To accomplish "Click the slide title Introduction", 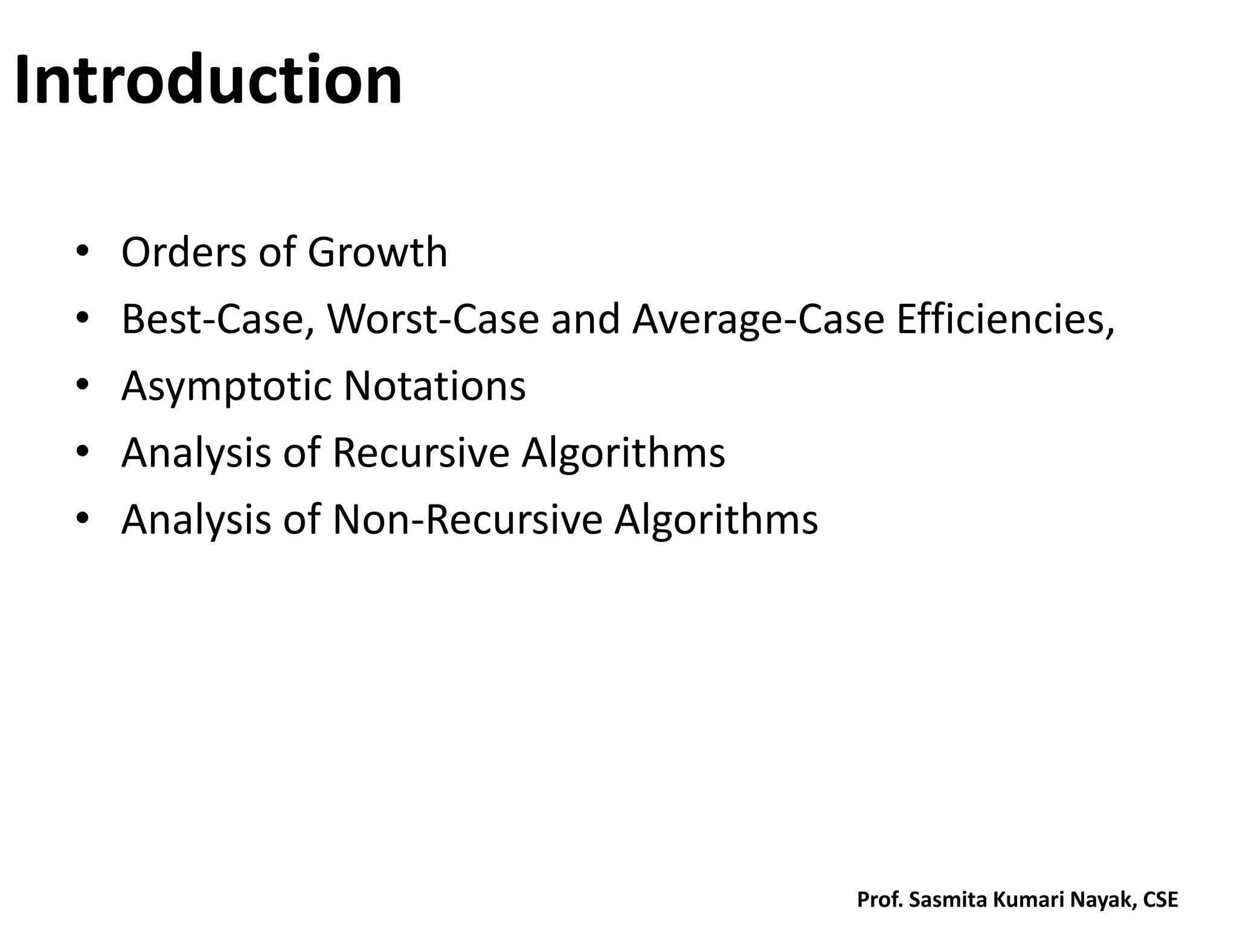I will pos(208,80).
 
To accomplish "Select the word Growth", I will pos(378,252).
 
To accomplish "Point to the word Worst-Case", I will pos(432,319).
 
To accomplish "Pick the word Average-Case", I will pos(758,319).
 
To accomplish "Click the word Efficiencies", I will pos(1004,319).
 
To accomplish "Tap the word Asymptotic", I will pos(227,387).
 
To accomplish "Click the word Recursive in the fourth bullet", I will pos(421,453).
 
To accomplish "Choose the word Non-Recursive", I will pos(467,520).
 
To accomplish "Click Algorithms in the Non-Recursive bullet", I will pos(716,520).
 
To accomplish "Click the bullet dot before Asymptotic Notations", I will pos(83,384).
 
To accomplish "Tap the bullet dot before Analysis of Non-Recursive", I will pos(83,518).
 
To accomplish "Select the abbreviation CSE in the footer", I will pos(1160,900).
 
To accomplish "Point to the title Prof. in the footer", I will pos(880,900).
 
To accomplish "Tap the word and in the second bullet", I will pos(585,319).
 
